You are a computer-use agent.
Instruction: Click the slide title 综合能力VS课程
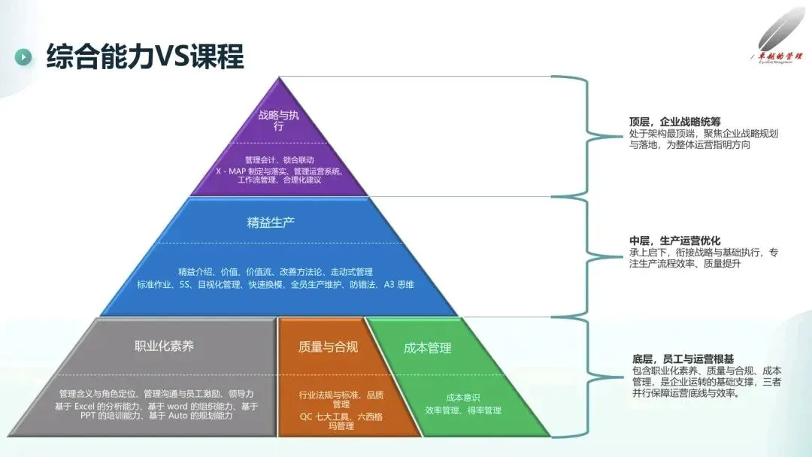145,56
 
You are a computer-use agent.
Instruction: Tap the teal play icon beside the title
24,57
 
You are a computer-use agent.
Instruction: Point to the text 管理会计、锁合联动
279,159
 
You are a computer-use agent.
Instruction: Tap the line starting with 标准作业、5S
275,284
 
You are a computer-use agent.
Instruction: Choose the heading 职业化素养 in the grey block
164,346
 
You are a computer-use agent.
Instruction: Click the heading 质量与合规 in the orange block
328,347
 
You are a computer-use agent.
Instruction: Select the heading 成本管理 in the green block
427,347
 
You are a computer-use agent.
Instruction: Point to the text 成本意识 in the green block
462,397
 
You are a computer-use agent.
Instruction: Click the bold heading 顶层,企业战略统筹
675,121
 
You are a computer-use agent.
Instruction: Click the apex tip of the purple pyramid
279,78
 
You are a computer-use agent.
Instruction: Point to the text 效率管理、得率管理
462,410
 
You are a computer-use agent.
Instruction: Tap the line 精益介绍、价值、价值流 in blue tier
275,271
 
